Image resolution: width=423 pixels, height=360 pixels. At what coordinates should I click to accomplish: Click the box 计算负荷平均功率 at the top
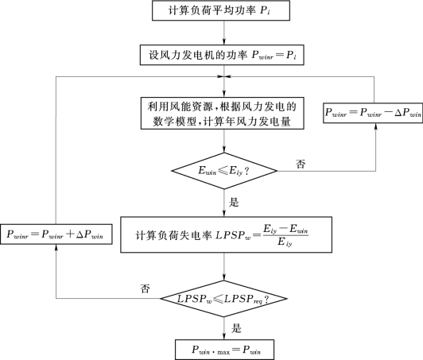221,10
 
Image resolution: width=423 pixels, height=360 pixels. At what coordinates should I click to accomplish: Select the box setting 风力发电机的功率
222,55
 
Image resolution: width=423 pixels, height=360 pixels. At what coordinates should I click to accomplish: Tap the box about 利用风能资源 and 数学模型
223,114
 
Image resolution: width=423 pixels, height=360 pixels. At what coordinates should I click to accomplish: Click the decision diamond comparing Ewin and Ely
224,171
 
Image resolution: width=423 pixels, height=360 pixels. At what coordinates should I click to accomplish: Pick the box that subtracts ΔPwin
373,113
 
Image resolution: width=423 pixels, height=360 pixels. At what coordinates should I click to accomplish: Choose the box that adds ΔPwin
56,234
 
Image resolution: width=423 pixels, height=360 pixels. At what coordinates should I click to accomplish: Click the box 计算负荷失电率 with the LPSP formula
226,234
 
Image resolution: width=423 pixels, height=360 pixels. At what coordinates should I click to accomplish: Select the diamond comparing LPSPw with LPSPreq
224,299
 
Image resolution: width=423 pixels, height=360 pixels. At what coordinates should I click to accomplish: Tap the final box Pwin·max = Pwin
225,350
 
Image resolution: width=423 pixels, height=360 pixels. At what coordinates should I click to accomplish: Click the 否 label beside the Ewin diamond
301,164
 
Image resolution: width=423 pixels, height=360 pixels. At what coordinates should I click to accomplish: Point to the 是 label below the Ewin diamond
234,202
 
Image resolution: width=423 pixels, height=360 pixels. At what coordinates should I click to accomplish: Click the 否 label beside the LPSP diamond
145,288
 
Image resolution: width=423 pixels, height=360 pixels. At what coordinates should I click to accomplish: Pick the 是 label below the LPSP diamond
236,328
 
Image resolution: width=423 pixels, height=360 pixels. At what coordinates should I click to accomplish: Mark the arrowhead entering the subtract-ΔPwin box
376,126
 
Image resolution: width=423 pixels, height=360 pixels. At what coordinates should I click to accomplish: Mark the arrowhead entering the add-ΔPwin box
56,248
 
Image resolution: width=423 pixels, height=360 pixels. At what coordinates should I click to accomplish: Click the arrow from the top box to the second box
224,33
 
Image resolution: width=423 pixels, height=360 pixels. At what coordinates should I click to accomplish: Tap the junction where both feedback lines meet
224,76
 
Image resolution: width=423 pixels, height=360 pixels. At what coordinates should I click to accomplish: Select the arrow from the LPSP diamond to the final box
224,328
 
